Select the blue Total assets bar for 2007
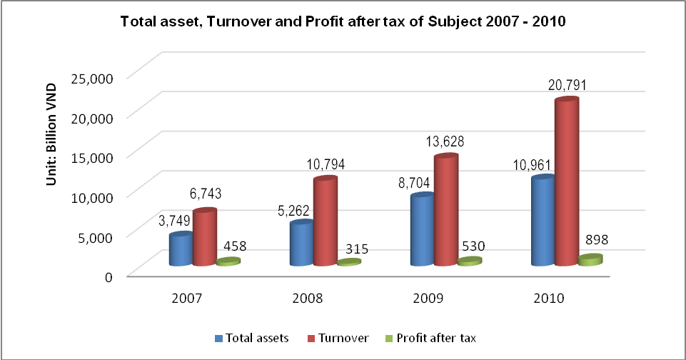tap(180, 249)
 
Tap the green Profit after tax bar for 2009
tap(470, 261)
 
